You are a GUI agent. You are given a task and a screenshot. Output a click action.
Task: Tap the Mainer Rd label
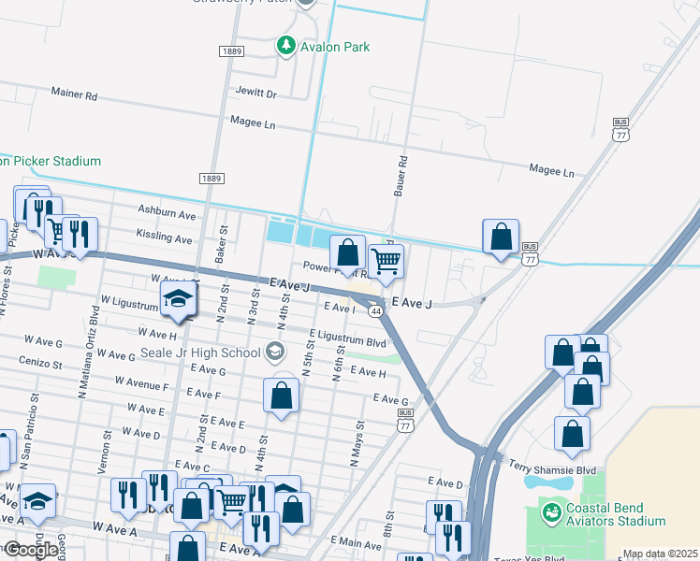pyautogui.click(x=74, y=95)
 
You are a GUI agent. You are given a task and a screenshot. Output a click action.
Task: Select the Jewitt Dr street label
pyautogui.click(x=257, y=94)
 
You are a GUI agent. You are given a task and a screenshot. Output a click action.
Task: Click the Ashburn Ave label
pyautogui.click(x=167, y=214)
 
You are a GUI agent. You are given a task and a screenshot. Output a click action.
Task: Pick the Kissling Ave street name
pyautogui.click(x=164, y=239)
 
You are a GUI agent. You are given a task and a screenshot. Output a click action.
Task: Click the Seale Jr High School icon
pyautogui.click(x=274, y=352)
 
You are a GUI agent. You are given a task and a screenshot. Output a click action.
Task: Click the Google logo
pyautogui.click(x=31, y=550)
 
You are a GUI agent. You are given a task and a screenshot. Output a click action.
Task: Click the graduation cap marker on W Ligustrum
pyautogui.click(x=178, y=301)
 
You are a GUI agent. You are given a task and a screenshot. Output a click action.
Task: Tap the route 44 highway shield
pyautogui.click(x=374, y=310)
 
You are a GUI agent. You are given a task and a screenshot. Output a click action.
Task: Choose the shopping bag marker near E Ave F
pyautogui.click(x=282, y=396)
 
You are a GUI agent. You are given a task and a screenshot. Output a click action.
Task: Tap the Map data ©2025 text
pyautogui.click(x=660, y=554)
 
